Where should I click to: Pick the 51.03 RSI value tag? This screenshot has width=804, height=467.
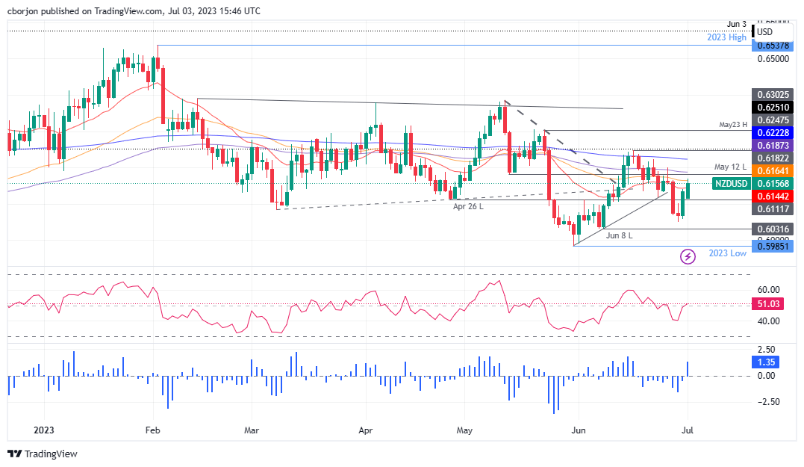pos(769,304)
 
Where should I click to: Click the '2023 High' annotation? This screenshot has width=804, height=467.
pos(727,37)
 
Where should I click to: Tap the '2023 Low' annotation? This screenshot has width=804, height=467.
pos(727,253)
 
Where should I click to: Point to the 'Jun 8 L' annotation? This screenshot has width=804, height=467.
pos(619,235)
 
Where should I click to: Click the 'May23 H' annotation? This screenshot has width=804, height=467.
pos(733,125)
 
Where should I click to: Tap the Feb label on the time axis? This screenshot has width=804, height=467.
pos(152,430)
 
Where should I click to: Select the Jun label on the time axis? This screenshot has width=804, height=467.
pos(577,430)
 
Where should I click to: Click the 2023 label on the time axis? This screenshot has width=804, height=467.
pos(43,430)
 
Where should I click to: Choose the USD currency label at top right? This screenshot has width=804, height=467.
pos(764,32)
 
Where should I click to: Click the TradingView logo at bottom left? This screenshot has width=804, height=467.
pos(43,454)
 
